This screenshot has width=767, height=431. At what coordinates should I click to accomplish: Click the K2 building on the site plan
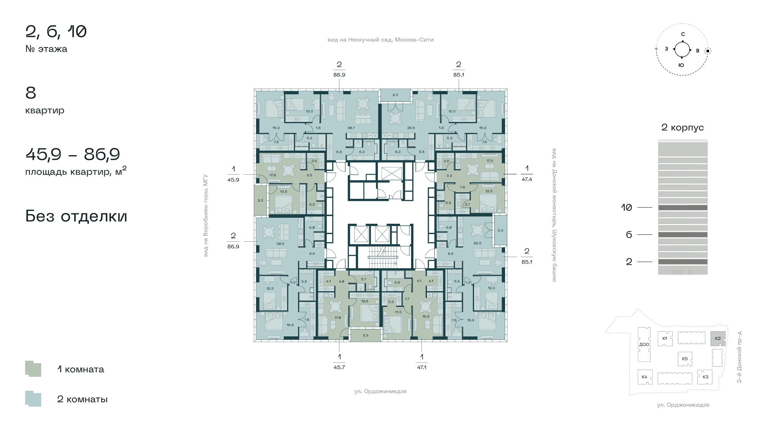718,339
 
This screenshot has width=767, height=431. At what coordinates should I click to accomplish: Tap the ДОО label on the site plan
644,344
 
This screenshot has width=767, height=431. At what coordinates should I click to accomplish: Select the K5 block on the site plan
685,359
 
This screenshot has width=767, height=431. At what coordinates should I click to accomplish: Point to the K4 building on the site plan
644,377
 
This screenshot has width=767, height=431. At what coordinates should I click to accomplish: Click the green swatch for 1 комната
33,369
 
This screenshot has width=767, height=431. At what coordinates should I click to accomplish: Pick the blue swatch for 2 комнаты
33,398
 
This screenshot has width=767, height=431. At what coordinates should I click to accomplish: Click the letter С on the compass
683,34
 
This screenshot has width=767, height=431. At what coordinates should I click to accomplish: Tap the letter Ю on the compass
681,65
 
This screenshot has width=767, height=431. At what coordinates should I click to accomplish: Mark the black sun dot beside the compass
708,51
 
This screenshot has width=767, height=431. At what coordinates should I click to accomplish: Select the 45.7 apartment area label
339,367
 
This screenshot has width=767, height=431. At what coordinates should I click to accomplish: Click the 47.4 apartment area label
527,179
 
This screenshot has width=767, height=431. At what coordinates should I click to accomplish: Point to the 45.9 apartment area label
233,179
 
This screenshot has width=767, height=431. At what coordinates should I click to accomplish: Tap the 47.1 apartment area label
421,367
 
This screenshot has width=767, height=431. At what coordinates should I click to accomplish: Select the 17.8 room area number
273,175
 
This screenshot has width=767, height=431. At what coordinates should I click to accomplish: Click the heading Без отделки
76,216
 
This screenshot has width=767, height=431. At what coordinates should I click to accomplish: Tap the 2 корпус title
683,128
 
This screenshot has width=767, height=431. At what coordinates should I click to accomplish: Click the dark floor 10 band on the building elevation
683,208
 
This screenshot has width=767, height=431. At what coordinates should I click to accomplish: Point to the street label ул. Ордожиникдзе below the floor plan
380,391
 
